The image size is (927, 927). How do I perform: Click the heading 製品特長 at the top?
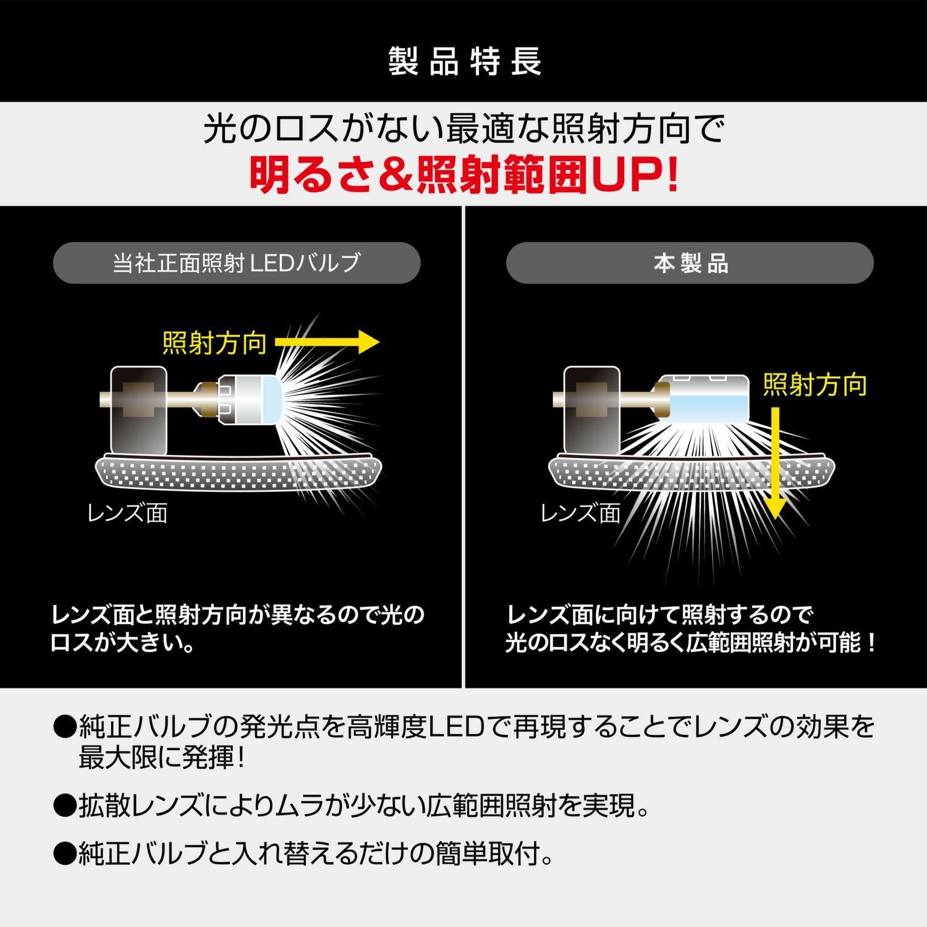465,61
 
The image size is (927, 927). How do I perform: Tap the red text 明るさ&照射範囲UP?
463,175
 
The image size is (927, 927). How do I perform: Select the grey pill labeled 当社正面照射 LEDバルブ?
237,263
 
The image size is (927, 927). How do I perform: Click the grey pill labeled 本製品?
690,263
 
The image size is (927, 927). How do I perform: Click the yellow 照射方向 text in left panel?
214,343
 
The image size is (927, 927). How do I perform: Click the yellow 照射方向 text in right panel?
815,384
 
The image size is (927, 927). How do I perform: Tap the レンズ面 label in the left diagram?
127,513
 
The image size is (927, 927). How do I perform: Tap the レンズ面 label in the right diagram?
580,513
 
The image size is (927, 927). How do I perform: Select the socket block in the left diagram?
138,408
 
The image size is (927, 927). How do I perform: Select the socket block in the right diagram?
591,408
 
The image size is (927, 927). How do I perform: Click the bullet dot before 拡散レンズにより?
64,806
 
